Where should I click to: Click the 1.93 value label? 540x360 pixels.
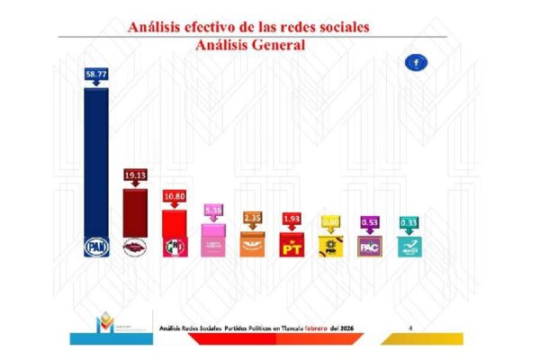[x=291, y=218]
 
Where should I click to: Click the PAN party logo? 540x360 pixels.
[x=96, y=245]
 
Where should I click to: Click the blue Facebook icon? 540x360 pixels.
[x=418, y=62]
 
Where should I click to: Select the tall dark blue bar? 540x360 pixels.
[x=96, y=162]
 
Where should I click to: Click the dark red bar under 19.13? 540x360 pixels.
[x=135, y=211]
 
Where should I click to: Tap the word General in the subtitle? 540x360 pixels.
[x=276, y=44]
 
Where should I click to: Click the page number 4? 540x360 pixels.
[x=410, y=328]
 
